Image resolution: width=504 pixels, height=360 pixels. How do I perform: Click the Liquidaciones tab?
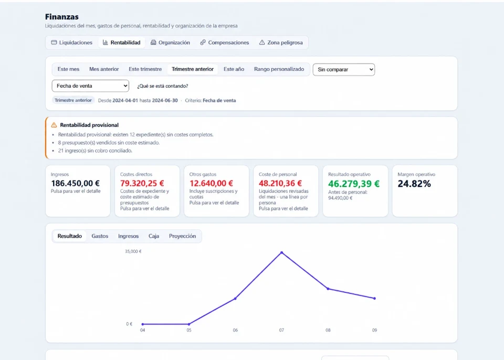(x=72, y=43)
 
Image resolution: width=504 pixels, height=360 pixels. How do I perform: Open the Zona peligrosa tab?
(x=281, y=43)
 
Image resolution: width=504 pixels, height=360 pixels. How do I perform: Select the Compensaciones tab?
(x=224, y=43)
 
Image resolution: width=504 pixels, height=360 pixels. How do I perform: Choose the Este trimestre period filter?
(x=145, y=69)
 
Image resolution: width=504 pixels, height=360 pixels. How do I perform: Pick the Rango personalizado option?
(x=279, y=69)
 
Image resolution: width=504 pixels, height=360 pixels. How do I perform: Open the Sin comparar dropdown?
(x=343, y=69)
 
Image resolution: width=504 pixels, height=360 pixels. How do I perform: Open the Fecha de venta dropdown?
(x=90, y=86)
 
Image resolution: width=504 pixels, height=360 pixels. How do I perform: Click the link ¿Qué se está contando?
(x=163, y=86)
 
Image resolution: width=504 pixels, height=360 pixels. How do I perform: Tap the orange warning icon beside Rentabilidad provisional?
(x=54, y=125)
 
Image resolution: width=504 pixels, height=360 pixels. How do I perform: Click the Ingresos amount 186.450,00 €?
(x=75, y=183)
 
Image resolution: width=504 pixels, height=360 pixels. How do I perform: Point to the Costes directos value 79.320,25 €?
(x=142, y=183)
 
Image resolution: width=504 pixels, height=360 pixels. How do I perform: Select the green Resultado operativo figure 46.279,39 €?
(x=354, y=184)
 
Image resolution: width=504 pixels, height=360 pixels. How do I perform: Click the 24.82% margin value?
(x=414, y=184)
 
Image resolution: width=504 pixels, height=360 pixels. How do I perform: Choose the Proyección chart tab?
(x=182, y=236)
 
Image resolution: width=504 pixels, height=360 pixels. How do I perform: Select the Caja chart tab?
(x=154, y=236)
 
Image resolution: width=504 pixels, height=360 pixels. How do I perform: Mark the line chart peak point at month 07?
(x=281, y=252)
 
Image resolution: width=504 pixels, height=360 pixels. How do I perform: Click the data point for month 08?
(x=328, y=289)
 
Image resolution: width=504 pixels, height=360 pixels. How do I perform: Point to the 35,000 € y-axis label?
(x=133, y=251)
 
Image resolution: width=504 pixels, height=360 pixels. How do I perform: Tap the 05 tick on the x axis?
(x=189, y=330)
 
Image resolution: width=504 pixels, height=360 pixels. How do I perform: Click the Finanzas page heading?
(x=62, y=17)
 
